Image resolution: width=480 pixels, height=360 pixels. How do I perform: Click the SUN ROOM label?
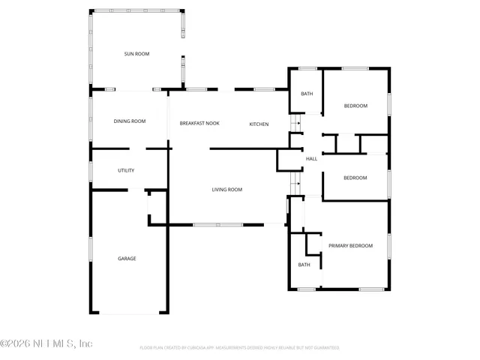(x=137, y=54)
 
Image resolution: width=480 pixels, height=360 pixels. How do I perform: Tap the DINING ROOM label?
(x=129, y=121)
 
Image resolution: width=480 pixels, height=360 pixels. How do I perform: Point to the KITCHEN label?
(x=259, y=124)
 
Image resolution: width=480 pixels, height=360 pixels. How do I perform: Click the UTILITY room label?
(x=126, y=171)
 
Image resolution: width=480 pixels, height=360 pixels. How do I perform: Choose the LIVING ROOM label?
(x=226, y=190)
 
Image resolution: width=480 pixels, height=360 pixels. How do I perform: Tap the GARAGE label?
(x=127, y=259)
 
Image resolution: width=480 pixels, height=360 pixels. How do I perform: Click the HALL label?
(x=311, y=158)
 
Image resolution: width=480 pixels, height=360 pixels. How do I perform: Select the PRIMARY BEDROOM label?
(x=350, y=245)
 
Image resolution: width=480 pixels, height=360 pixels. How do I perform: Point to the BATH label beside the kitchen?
(x=307, y=94)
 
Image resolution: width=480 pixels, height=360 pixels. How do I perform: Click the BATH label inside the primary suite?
(x=304, y=265)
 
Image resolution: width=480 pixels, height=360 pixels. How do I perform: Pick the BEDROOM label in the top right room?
(x=355, y=106)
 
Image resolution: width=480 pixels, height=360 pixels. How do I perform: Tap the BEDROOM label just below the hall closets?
(x=355, y=178)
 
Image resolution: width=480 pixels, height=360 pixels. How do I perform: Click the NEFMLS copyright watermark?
(x=46, y=344)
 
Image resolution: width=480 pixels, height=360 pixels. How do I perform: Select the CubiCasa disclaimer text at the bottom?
(x=240, y=348)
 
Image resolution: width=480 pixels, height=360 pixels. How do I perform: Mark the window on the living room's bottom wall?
(x=217, y=224)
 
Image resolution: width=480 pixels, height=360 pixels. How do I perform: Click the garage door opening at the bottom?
(x=128, y=313)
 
